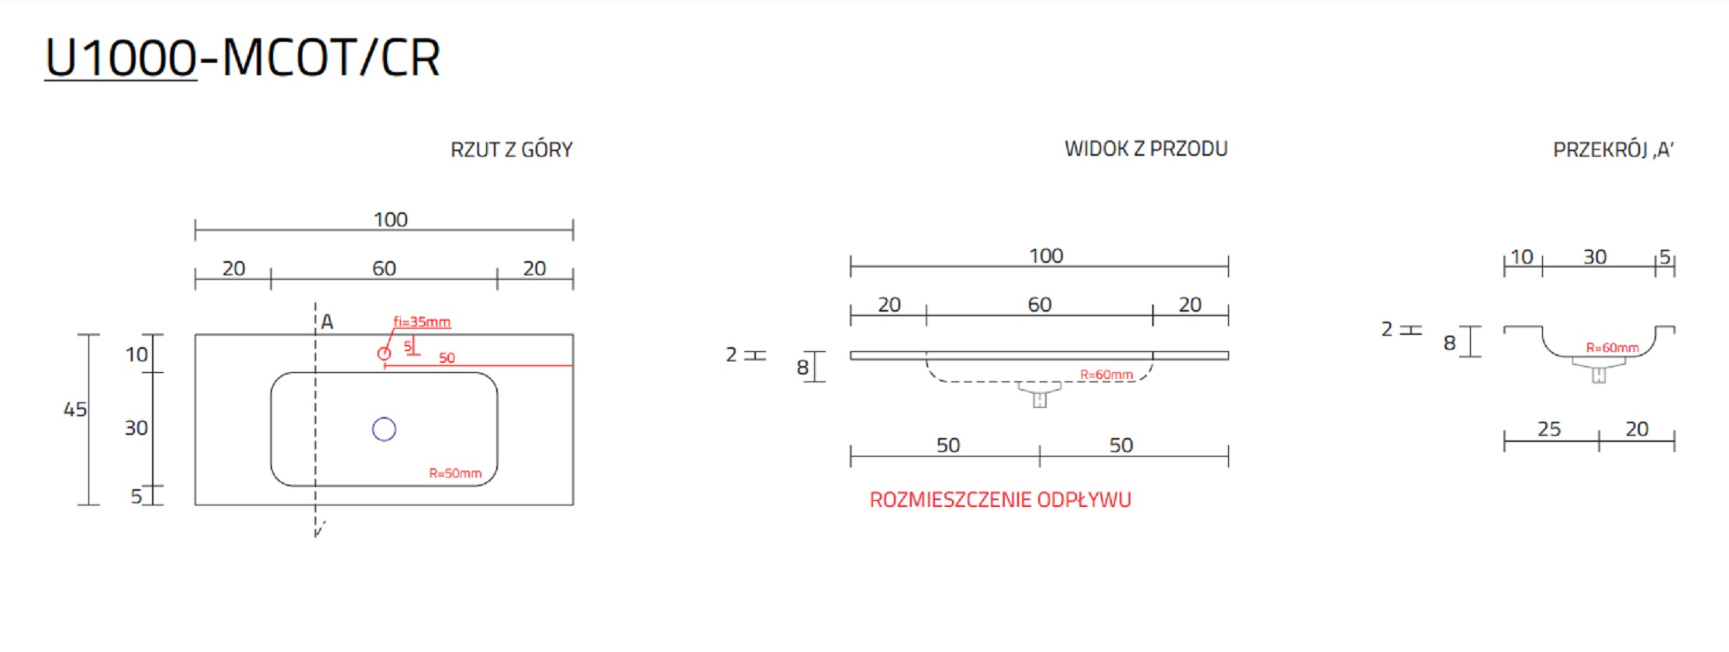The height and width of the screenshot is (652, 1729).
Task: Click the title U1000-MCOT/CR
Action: coord(242,58)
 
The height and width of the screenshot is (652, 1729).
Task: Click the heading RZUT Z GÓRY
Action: coord(511,150)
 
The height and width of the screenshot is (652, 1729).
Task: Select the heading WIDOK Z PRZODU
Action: coord(1145,149)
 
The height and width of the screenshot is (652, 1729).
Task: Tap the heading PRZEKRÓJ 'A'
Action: coord(1613,150)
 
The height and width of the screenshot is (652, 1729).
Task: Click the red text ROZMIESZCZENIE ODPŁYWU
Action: coord(999,500)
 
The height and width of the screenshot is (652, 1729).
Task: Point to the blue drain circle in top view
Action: coord(384,429)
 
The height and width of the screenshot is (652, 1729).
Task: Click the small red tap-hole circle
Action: coord(384,354)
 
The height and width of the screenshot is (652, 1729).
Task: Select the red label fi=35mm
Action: coord(421,322)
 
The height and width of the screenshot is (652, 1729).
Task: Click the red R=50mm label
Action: coord(455,473)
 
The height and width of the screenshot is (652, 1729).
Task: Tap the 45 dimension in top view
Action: coord(75,409)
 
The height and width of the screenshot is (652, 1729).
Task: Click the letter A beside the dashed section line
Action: coord(327,322)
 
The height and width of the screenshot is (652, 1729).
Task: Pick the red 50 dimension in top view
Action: coord(447,358)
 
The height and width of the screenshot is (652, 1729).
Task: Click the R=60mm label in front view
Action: coord(1106,375)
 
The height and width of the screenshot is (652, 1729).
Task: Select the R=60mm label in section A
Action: coord(1612,348)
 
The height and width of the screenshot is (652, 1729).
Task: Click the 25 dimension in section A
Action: coord(1548,429)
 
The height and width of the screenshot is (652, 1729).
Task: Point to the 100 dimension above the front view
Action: coord(1045,256)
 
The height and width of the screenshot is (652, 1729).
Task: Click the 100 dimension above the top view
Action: coord(390,220)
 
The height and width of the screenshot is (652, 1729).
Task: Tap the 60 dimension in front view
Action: coord(1039,305)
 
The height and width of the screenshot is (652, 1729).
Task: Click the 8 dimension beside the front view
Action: coord(802,367)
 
